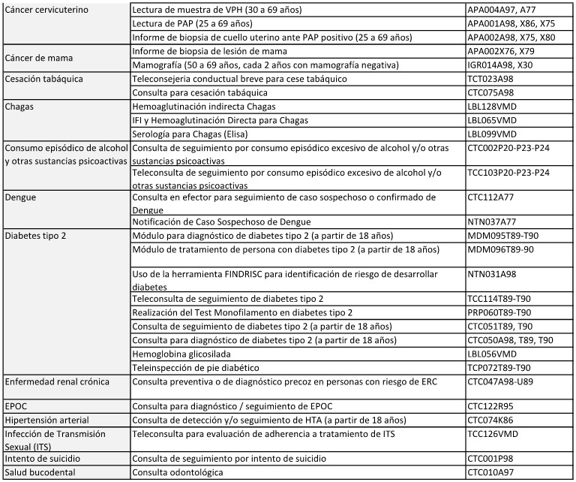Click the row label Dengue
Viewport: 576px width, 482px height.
pyautogui.click(x=22, y=197)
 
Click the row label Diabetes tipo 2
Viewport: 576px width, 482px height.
pyautogui.click(x=36, y=236)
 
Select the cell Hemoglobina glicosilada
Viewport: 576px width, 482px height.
pyautogui.click(x=180, y=354)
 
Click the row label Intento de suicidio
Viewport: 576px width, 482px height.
pyautogui.click(x=43, y=458)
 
